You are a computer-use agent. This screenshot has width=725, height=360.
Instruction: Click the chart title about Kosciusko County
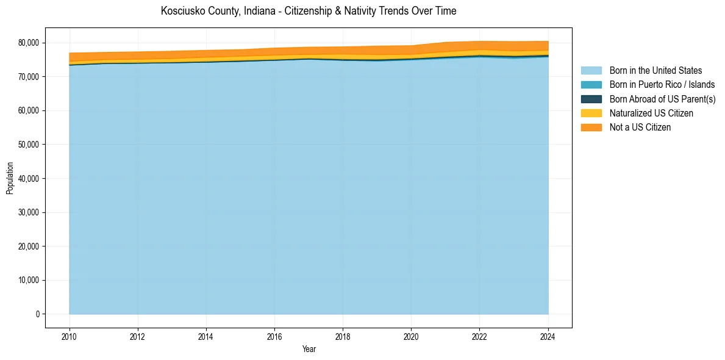coord(309,11)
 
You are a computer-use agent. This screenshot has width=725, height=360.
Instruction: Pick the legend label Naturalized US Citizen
coord(651,113)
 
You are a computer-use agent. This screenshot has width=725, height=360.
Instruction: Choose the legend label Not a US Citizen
coord(640,128)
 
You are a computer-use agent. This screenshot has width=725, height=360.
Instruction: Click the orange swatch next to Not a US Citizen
coord(591,128)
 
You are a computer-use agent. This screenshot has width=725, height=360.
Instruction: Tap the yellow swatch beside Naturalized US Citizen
coord(591,113)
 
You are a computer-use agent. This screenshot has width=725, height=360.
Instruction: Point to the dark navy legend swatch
coord(591,99)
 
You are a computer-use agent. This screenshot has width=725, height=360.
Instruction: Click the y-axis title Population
coord(10,178)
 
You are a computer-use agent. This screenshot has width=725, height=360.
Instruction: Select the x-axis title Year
coord(309,349)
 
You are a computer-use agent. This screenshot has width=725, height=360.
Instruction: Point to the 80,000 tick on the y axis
coord(28,43)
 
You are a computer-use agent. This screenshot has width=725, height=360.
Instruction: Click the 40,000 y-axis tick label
coord(28,179)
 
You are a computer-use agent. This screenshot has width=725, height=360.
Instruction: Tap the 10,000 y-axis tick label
coord(28,281)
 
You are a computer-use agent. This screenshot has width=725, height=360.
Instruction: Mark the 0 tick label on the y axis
coord(37,314)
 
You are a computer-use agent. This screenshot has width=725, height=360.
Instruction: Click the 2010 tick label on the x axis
coord(70,336)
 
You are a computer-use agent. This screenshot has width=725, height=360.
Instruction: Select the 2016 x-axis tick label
coord(274,336)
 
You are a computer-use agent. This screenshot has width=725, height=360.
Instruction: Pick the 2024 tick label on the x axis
coord(548,336)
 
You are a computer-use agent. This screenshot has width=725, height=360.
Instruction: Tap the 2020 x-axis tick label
coord(412,336)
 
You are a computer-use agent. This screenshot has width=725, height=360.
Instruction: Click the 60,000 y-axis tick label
coord(28,110)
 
